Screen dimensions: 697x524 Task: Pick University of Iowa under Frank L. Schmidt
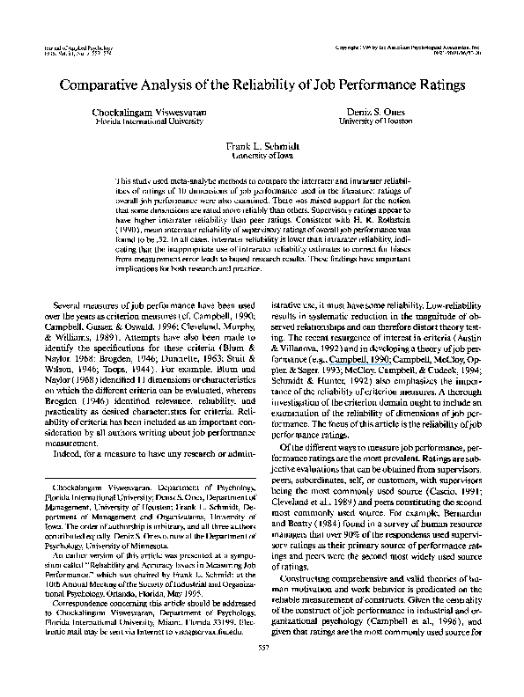pos(262,153)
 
